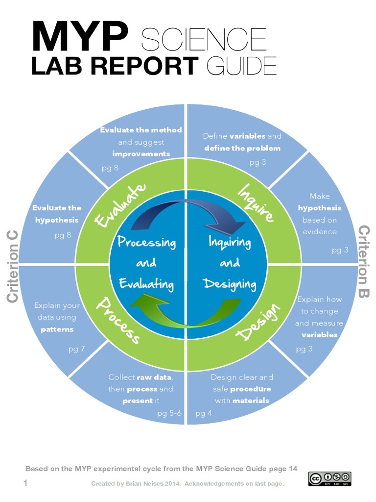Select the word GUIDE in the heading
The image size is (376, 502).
click(241, 66)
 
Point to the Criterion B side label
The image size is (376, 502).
click(364, 261)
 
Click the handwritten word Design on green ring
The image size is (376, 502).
click(259, 322)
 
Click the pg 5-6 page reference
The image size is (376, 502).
click(169, 413)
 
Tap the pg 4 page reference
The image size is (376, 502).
click(204, 413)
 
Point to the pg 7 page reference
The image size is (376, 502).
click(77, 349)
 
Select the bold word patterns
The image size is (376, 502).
click(57, 329)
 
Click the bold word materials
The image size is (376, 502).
click(251, 401)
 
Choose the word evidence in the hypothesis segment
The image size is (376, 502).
click(319, 231)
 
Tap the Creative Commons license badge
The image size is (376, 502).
click(329, 478)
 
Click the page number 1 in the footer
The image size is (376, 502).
click(25, 483)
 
